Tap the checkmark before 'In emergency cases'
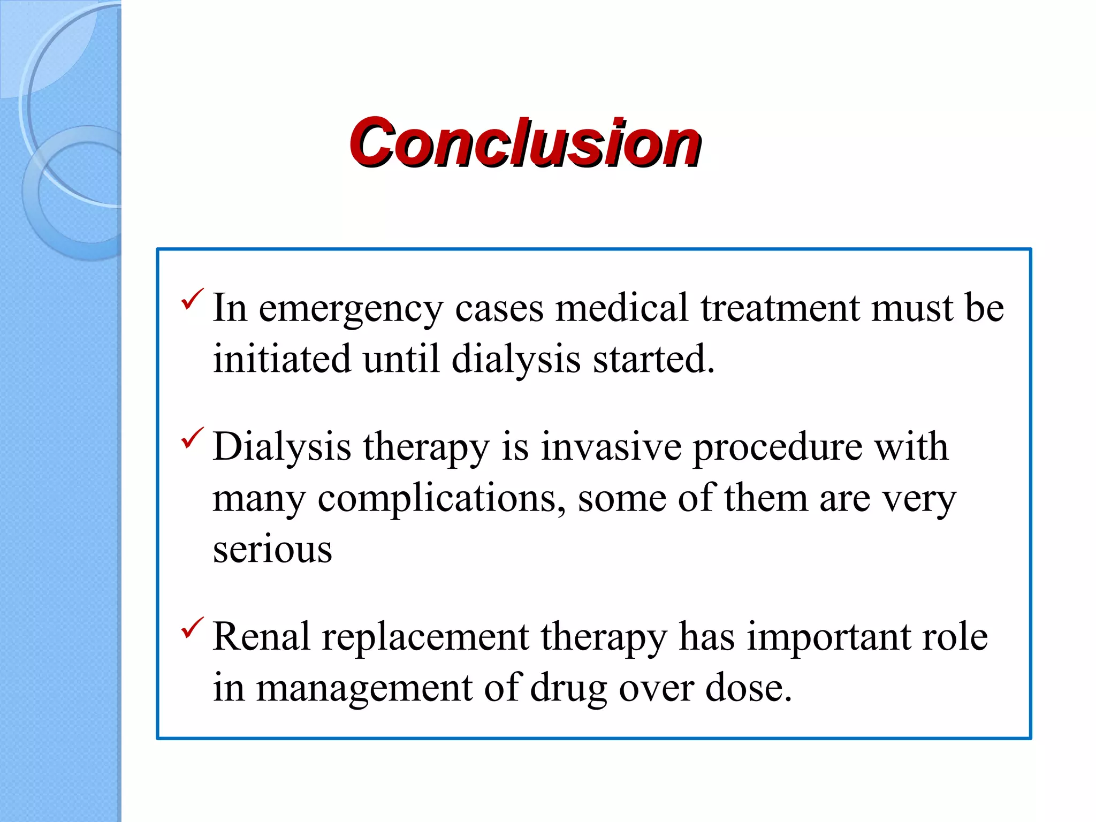pos(192,299)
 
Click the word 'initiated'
pos(281,359)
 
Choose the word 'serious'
pos(272,550)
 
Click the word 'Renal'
pos(261,637)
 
